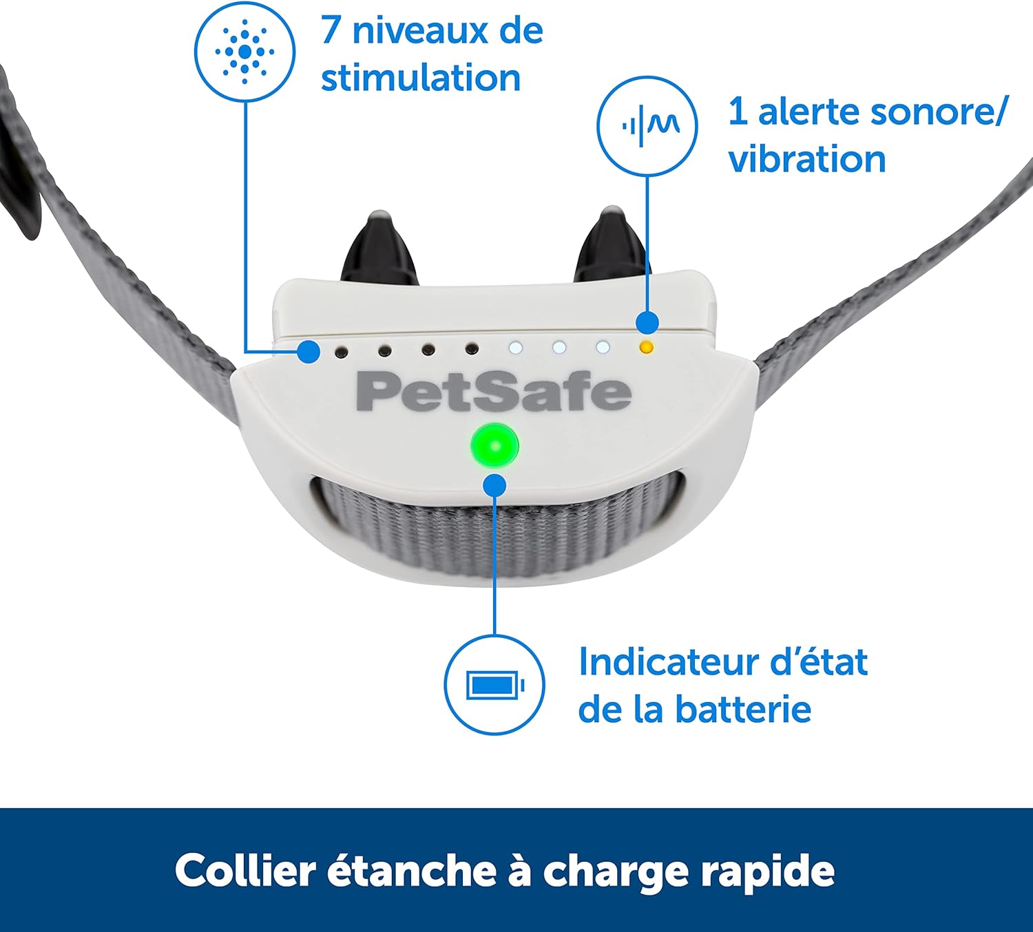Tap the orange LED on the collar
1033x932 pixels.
tap(645, 347)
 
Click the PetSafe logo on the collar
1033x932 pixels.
tap(493, 392)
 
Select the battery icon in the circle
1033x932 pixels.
tap(494, 686)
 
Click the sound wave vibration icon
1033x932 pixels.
tap(647, 126)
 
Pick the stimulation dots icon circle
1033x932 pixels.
tap(244, 52)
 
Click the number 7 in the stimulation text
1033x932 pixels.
tap(331, 31)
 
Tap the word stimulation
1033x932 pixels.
tap(421, 78)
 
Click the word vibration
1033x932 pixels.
tap(807, 159)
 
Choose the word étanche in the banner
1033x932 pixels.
tap(411, 871)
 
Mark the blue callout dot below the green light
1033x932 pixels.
tap(494, 486)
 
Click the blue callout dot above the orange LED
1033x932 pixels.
tap(647, 322)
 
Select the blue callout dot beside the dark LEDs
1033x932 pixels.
tap(309, 352)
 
